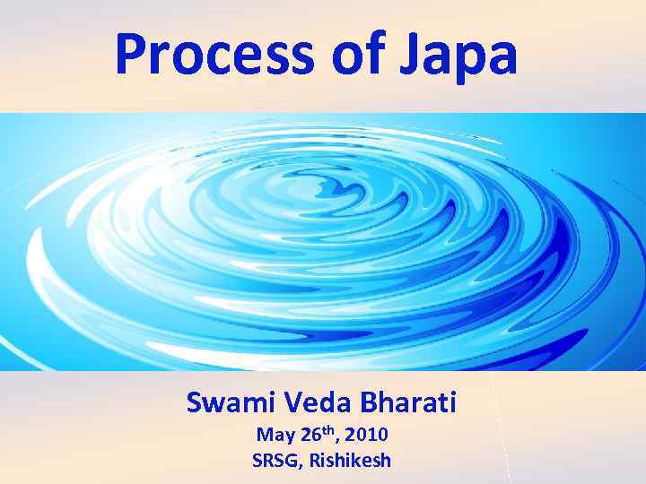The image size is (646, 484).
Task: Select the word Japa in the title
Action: click(x=469, y=56)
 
